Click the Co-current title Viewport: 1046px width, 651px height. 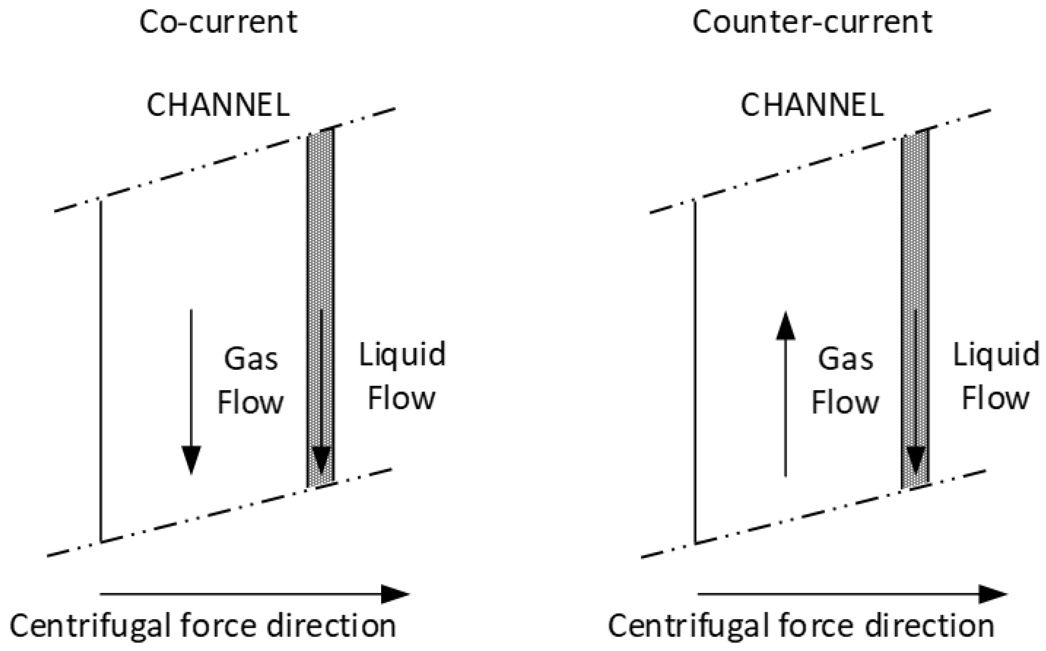218,22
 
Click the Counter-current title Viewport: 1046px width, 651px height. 812,22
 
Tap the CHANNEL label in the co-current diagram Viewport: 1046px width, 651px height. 218,105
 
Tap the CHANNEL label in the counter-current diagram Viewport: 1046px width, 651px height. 812,105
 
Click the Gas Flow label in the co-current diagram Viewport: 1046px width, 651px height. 251,381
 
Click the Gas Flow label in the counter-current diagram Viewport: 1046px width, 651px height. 845,381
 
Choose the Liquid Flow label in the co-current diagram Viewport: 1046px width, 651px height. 402,376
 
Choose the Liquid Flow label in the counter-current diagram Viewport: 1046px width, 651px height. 996,376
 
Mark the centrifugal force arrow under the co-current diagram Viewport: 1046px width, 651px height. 254,595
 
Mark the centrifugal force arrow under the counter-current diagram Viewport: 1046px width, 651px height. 852,595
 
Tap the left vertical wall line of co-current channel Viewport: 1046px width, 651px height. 101,370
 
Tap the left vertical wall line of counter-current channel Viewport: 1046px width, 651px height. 695,370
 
